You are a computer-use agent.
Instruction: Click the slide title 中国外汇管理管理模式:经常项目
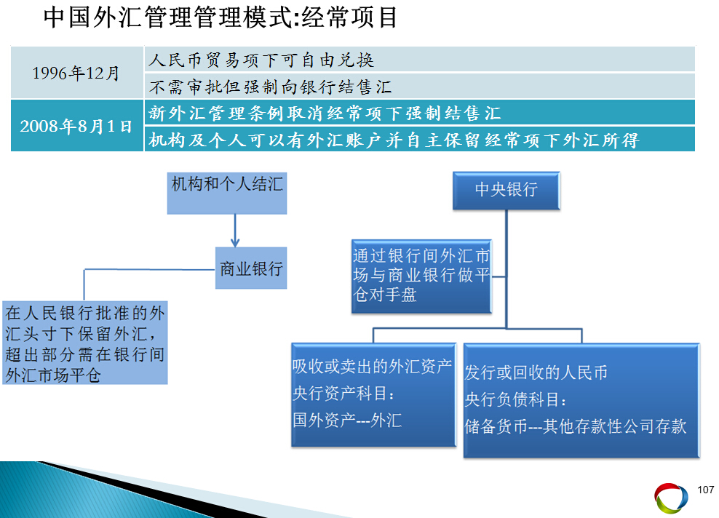(x=221, y=17)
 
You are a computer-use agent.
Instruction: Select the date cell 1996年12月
(x=76, y=73)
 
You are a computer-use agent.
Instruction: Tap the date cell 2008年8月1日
(x=76, y=126)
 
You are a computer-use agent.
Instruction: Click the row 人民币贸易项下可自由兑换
(x=420, y=59)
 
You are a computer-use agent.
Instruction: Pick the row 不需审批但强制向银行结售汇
(x=420, y=86)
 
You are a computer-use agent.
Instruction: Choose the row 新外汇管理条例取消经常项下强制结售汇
(x=420, y=113)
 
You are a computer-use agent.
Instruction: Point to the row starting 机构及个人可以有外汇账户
(x=420, y=140)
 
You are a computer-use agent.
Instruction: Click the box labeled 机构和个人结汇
(x=227, y=193)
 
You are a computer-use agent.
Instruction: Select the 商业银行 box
(x=251, y=268)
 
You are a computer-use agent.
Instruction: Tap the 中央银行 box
(x=507, y=191)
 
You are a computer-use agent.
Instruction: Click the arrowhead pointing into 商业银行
(x=235, y=242)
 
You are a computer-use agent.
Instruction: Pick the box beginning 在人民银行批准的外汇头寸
(x=85, y=343)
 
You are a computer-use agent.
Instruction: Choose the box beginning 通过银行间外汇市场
(x=421, y=276)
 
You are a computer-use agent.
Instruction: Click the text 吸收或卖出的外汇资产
(x=372, y=366)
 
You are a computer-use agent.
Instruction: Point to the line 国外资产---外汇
(x=347, y=420)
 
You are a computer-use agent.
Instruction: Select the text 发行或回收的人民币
(x=536, y=372)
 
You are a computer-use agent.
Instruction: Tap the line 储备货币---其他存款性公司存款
(x=576, y=426)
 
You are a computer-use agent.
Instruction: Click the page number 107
(x=706, y=490)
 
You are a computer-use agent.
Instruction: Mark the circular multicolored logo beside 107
(x=671, y=498)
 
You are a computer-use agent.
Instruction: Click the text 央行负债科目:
(x=515, y=399)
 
